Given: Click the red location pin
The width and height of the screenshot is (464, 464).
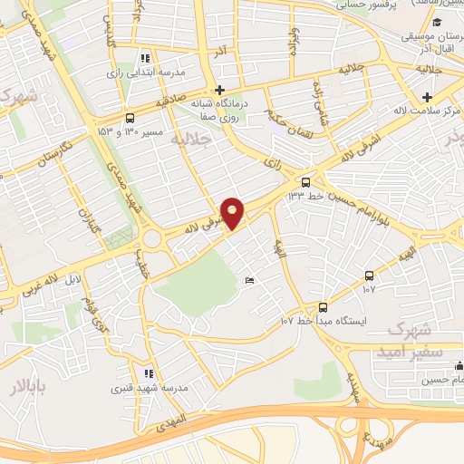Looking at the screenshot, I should click(233, 212).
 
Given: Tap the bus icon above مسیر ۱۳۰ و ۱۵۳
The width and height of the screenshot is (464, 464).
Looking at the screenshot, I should click(130, 118).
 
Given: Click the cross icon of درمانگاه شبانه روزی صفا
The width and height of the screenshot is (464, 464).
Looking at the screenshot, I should click(219, 91).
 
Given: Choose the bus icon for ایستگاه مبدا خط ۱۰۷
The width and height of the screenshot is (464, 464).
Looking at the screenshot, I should click(324, 307).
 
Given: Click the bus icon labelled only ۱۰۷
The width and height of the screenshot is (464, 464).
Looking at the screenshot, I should click(369, 275).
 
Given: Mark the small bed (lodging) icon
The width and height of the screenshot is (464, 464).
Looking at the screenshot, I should click(250, 280).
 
